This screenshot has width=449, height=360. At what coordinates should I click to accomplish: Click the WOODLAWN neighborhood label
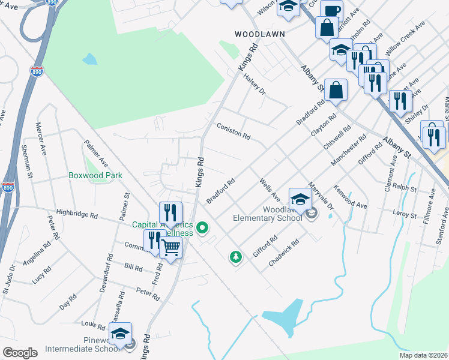coord(259,34)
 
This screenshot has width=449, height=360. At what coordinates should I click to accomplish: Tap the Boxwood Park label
coord(95,175)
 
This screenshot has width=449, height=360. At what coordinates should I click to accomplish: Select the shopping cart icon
coord(171,247)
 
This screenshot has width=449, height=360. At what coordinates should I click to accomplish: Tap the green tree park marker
coord(236,257)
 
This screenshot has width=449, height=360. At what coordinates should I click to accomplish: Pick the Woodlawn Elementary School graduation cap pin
coord(300,199)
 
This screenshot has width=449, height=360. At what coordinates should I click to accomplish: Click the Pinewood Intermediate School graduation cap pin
coord(121,334)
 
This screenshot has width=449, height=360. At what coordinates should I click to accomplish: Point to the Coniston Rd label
coord(233,131)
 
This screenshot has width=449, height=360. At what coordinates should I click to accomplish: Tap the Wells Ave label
coord(269,189)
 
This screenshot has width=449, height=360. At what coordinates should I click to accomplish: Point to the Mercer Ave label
coord(41,139)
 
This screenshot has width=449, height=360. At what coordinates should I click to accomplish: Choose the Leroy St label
coord(404,214)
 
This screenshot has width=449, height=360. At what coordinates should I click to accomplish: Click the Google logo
coord(20,353)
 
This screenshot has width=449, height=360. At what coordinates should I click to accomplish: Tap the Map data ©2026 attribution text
coord(423,355)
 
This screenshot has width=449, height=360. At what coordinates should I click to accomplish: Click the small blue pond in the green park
coord(89,59)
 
